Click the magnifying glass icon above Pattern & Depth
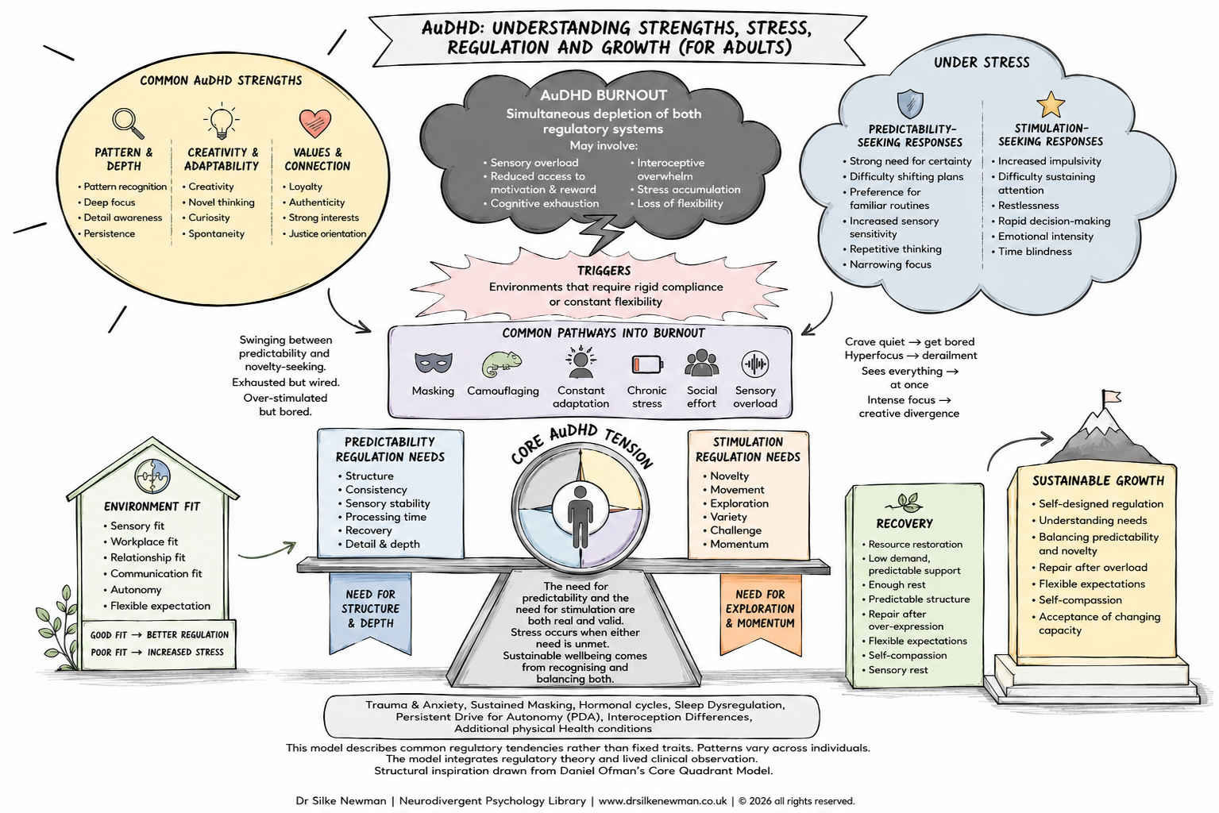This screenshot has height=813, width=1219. tap(128, 124)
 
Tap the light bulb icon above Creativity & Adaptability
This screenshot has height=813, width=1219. tap(221, 120)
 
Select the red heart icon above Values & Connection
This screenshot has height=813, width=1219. tap(315, 123)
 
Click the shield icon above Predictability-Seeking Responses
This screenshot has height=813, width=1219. tap(910, 103)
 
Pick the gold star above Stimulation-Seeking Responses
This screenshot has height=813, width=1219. tap(1051, 105)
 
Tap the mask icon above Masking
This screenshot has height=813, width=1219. tap(433, 362)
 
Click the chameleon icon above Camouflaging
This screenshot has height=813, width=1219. tap(502, 364)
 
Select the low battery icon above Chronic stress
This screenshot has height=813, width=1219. tap(647, 364)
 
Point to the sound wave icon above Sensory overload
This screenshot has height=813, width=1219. tap(754, 364)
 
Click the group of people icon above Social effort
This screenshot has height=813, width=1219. tap(701, 363)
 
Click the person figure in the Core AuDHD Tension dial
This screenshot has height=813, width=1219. tap(580, 516)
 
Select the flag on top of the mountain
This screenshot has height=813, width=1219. tap(1111, 398)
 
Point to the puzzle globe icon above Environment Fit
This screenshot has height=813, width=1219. tap(152, 476)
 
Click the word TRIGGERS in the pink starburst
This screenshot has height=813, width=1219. tap(604, 271)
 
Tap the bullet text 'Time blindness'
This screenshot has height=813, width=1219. tap(1035, 252)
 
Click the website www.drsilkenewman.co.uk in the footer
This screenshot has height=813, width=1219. tap(662, 801)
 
